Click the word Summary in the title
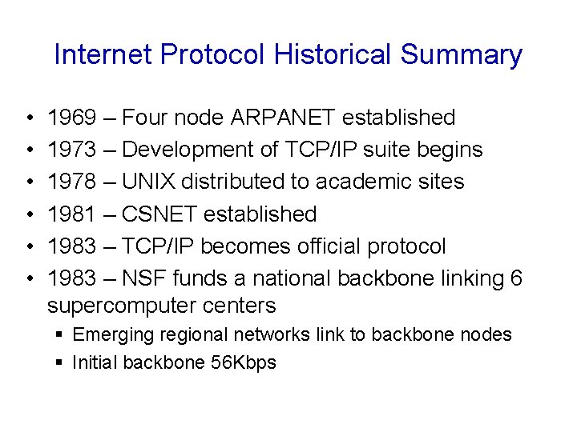[462, 54]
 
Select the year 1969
[71, 118]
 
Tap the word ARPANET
[283, 118]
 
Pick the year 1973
[71, 150]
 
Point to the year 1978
[71, 182]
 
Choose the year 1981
[71, 214]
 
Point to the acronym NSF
[145, 278]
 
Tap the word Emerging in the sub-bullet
[107, 334]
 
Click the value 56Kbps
[244, 362]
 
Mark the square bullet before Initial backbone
[59, 362]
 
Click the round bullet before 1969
[28, 118]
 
